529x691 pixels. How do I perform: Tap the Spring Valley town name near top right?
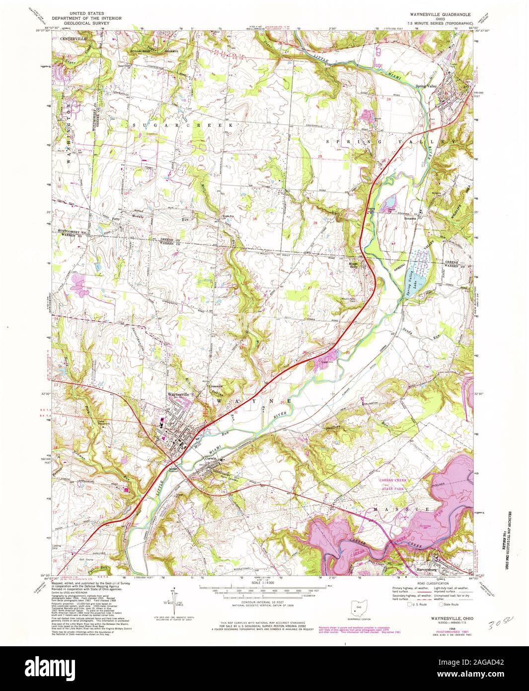click(x=426, y=86)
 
